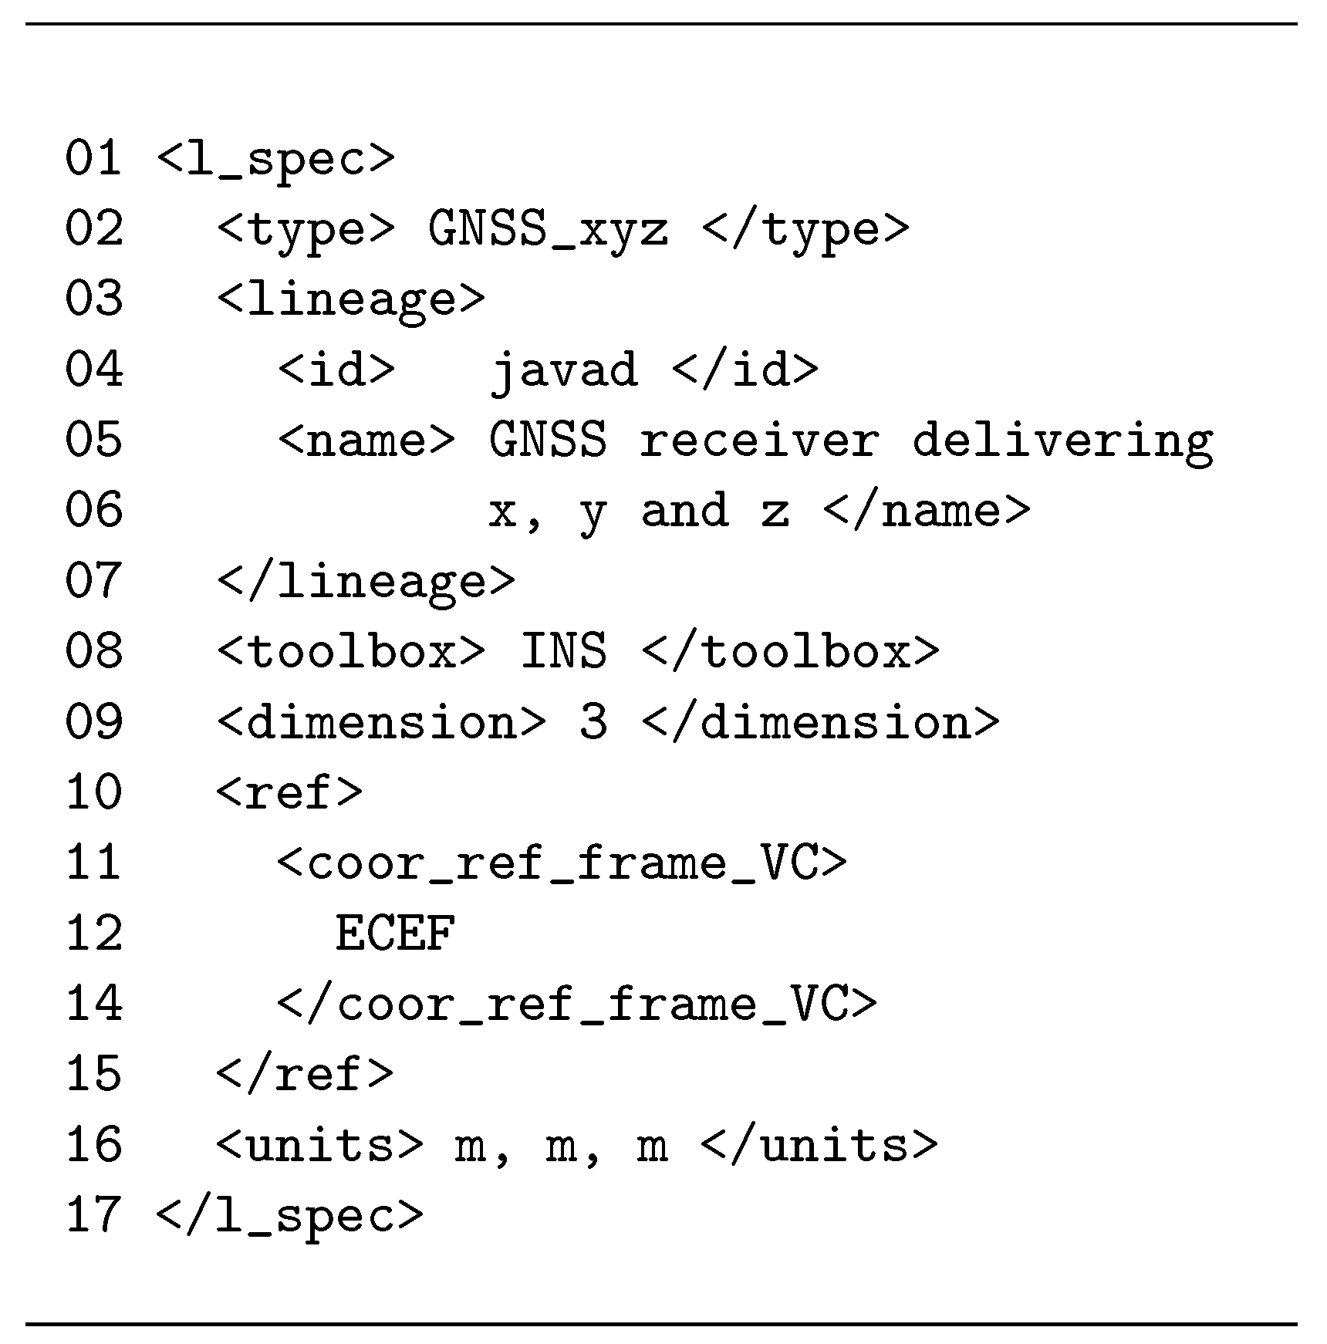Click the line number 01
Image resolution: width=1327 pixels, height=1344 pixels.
(93, 158)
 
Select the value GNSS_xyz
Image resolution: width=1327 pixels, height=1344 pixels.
(548, 229)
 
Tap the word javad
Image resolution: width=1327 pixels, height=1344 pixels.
(564, 370)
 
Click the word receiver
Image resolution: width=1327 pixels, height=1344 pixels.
(759, 441)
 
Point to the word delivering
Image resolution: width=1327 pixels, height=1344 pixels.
(1062, 441)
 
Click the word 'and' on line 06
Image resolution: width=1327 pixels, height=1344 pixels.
(684, 511)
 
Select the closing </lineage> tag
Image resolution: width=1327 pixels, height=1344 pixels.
(366, 581)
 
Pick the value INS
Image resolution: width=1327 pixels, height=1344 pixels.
(563, 651)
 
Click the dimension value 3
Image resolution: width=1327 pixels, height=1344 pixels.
(593, 722)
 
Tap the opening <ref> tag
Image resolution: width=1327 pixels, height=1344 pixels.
(289, 792)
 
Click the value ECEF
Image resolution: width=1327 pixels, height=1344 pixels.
(395, 934)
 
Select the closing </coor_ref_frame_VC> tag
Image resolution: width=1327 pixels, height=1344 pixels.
(576, 1004)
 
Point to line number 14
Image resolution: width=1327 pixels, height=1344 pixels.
(93, 1004)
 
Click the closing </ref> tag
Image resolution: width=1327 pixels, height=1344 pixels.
(305, 1074)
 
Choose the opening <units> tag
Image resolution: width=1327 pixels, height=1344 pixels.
(319, 1145)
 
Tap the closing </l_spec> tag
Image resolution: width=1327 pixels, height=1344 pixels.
(289, 1215)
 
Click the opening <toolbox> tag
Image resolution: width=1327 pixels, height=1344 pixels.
(351, 651)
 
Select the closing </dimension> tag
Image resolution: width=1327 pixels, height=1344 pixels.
(820, 722)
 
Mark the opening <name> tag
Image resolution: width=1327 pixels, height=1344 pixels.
(366, 441)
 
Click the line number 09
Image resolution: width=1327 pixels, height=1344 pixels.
(93, 722)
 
